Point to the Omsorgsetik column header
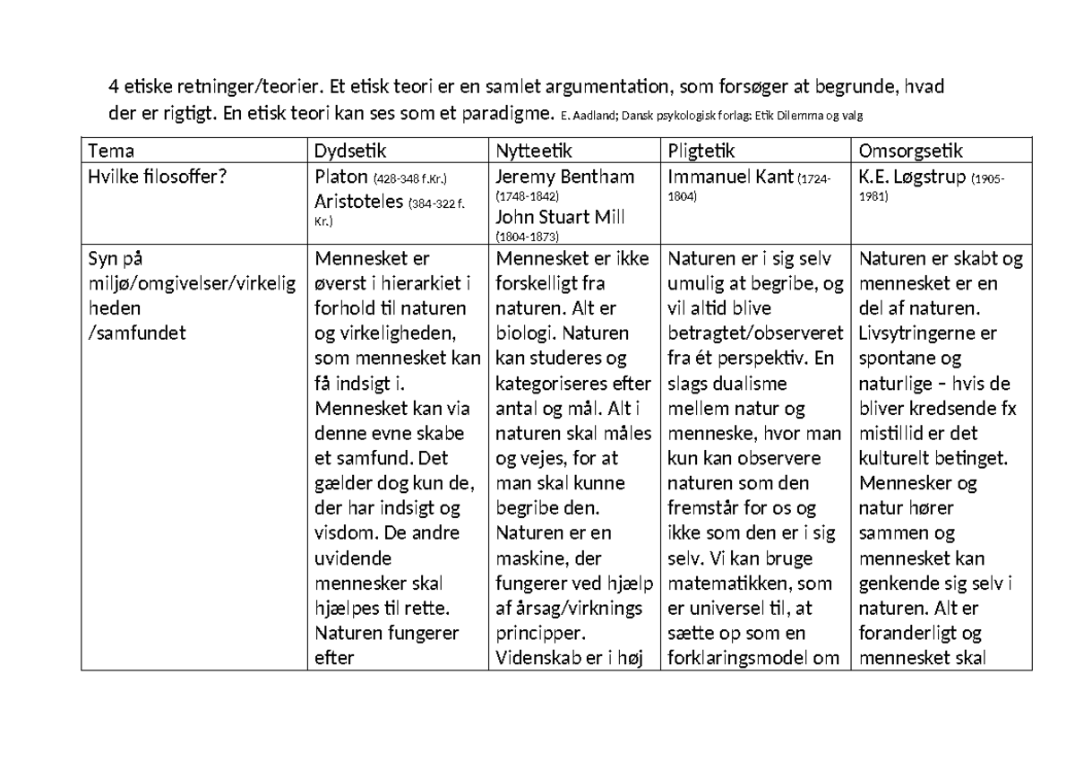(x=911, y=151)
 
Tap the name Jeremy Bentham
(x=564, y=176)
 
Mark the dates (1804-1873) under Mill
(x=527, y=237)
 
